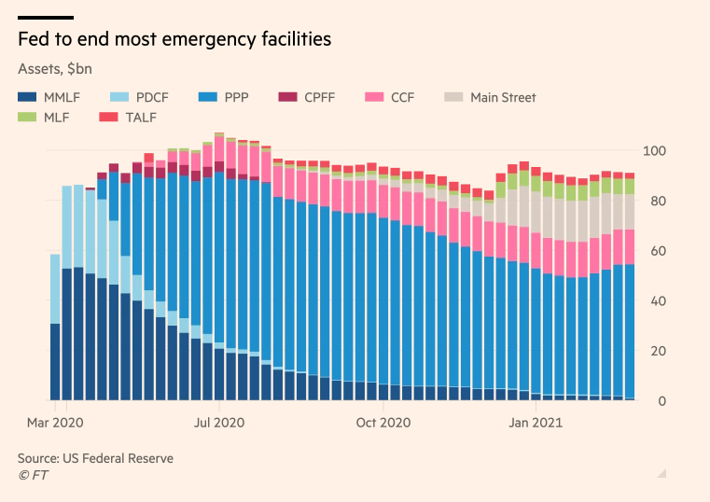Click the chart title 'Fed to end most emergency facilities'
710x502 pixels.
coord(174,40)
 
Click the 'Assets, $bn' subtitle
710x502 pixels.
coord(55,68)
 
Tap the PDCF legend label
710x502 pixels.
coord(151,97)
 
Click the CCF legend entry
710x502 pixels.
coord(393,97)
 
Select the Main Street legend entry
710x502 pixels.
coord(489,97)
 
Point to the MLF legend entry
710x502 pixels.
coord(48,117)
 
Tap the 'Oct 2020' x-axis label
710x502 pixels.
coord(383,423)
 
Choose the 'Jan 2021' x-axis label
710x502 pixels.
coord(536,423)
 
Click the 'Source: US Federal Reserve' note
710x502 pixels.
coord(95,458)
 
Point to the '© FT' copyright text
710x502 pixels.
coord(34,475)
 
